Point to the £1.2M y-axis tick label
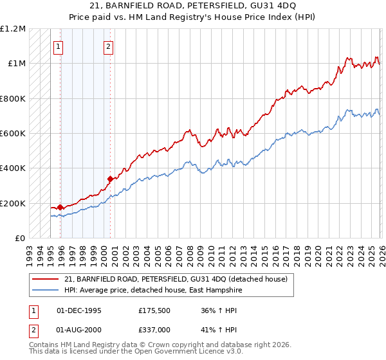click(13, 29)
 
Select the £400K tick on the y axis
click(13, 168)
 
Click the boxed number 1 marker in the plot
click(59, 46)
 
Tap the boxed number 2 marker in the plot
click(108, 46)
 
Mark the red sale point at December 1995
click(60, 207)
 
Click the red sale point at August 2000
click(110, 179)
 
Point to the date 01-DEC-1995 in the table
click(79, 310)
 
